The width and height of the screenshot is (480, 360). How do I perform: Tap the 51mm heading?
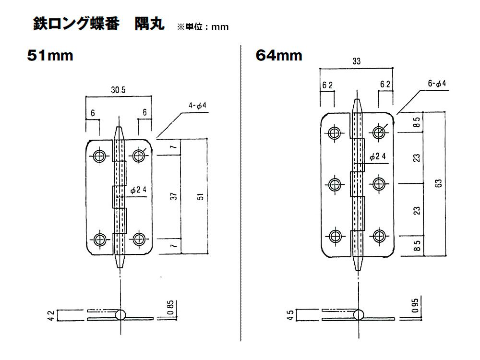[50, 56]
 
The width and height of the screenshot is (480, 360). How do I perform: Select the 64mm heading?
[279, 56]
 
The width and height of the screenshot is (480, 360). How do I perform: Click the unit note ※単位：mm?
[204, 27]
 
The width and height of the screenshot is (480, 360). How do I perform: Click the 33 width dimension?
[356, 61]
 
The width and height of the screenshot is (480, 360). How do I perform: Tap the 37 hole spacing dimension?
[175, 196]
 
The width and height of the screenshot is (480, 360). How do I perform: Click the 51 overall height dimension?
[201, 196]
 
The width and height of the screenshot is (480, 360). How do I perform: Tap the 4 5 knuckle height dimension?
[291, 315]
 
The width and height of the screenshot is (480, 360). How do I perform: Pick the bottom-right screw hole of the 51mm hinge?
[140, 239]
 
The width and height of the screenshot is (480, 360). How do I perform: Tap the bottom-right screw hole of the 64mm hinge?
[379, 235]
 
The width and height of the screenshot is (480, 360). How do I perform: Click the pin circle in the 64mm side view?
[358, 315]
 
